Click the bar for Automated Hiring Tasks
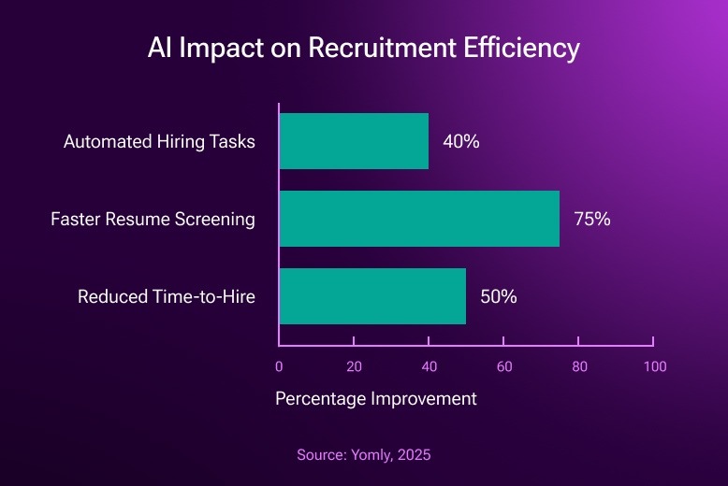point(354,141)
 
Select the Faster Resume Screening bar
point(419,219)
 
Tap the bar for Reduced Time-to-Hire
point(372,296)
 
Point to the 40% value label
point(461,142)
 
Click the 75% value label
point(591,220)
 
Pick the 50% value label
point(499,297)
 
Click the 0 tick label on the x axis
point(279,366)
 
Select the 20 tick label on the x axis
point(354,366)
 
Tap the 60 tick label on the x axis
point(504,366)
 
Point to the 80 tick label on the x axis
point(579,366)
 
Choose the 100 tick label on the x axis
point(654,366)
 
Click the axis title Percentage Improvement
point(376,399)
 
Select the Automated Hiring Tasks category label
point(159,142)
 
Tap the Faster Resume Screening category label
point(153,220)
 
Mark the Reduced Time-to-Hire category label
point(167,297)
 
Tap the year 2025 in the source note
point(413,455)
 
